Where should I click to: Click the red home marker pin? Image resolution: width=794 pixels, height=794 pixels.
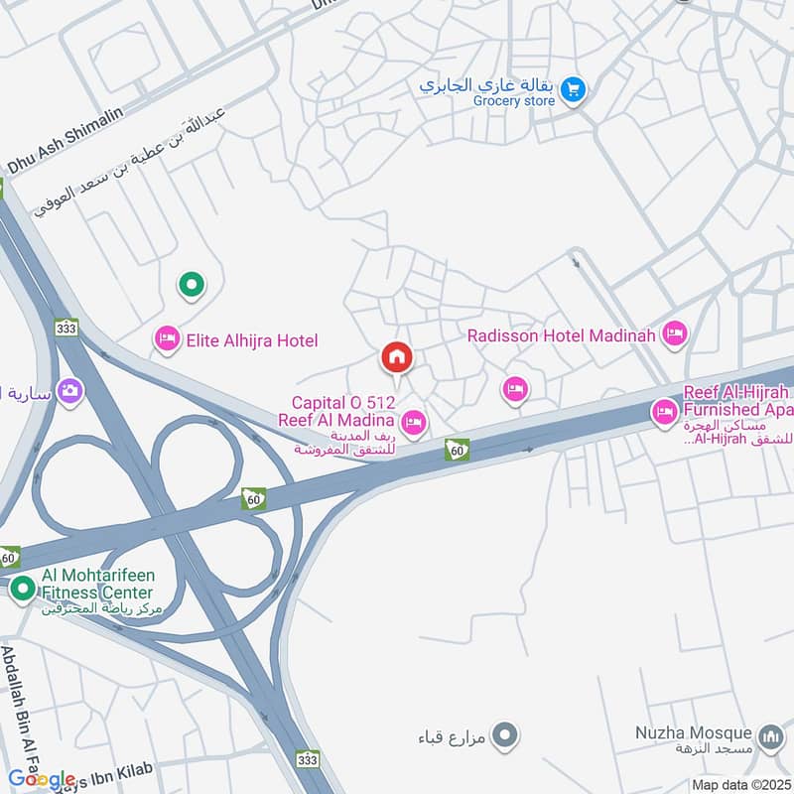(x=397, y=357)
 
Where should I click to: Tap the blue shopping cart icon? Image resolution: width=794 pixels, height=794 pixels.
(x=572, y=90)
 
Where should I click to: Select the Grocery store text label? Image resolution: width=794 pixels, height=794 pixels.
(x=513, y=101)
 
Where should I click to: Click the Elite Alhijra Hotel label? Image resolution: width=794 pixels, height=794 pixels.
(x=250, y=341)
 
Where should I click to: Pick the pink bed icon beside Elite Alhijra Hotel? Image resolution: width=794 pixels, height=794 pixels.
(x=167, y=341)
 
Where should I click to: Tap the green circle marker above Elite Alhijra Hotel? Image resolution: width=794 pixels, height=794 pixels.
(x=191, y=286)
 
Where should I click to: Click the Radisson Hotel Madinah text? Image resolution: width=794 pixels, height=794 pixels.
(x=562, y=335)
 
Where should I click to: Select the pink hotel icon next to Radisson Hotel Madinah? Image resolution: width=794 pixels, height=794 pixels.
(x=675, y=334)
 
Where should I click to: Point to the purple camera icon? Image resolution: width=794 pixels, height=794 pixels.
(x=69, y=390)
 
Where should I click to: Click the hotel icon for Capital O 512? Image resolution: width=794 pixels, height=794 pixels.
(x=415, y=424)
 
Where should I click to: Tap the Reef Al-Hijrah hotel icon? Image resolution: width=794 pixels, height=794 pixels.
(x=664, y=410)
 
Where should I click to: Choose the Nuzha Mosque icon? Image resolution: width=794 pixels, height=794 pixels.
(x=769, y=737)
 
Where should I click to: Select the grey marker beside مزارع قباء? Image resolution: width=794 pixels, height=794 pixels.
(x=506, y=736)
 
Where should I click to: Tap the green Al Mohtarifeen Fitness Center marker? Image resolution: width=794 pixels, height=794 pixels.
(x=23, y=591)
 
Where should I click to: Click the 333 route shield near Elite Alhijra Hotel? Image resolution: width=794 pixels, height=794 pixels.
(x=66, y=328)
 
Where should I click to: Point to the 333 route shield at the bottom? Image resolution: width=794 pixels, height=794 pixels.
(x=308, y=758)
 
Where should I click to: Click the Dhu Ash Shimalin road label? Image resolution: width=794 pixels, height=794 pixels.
(x=66, y=140)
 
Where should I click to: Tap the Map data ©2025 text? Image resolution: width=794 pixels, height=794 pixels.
(x=739, y=784)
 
